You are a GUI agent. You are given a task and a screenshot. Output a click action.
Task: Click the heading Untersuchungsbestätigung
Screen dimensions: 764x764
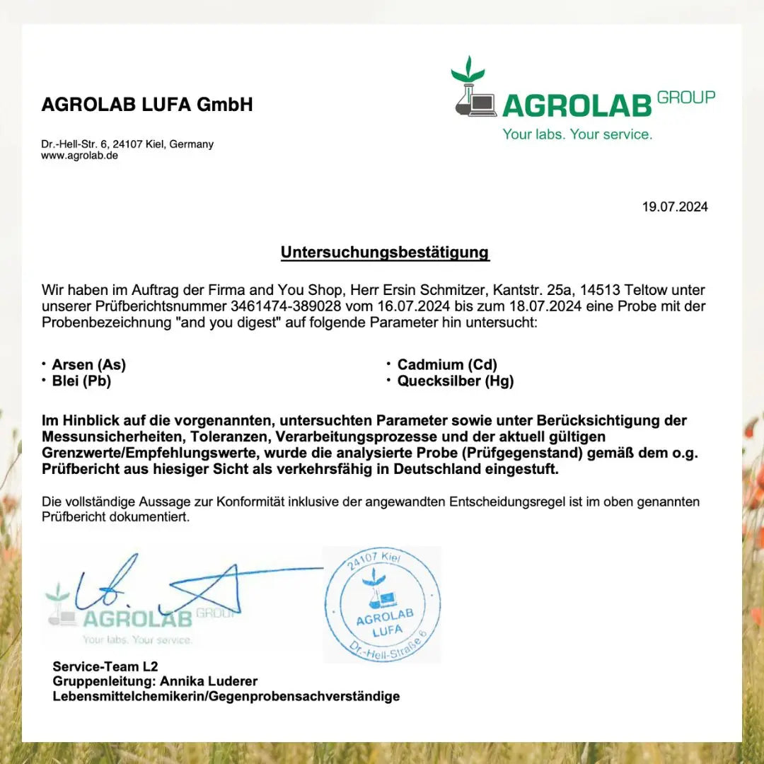385,253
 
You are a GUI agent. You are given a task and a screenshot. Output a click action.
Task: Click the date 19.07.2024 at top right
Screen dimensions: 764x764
674,207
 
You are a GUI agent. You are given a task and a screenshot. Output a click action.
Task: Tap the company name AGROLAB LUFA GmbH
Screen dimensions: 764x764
147,105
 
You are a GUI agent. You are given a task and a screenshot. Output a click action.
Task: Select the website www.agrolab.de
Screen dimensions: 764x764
79,156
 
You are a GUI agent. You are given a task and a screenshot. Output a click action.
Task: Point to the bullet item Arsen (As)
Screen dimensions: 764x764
88,365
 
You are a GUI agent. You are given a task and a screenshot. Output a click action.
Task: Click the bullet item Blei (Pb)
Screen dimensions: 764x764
81,381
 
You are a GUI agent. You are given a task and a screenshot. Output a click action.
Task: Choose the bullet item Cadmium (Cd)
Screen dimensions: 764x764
447,365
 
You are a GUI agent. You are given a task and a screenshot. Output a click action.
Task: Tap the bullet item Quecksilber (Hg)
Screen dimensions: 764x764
456,381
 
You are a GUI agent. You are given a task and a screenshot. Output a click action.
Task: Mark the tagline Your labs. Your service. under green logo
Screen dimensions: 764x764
577,134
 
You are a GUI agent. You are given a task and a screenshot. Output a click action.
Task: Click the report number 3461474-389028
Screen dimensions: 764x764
286,307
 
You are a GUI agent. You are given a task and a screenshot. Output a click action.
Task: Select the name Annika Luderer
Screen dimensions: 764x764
209,681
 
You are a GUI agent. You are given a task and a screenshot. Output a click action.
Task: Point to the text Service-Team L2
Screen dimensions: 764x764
105,666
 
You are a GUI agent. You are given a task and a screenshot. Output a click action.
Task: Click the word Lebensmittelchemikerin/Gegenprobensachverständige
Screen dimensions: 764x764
226,697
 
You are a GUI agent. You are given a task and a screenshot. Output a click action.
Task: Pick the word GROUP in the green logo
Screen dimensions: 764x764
685,98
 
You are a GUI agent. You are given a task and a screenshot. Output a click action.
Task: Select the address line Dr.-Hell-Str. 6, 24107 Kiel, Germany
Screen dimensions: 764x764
127,144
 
